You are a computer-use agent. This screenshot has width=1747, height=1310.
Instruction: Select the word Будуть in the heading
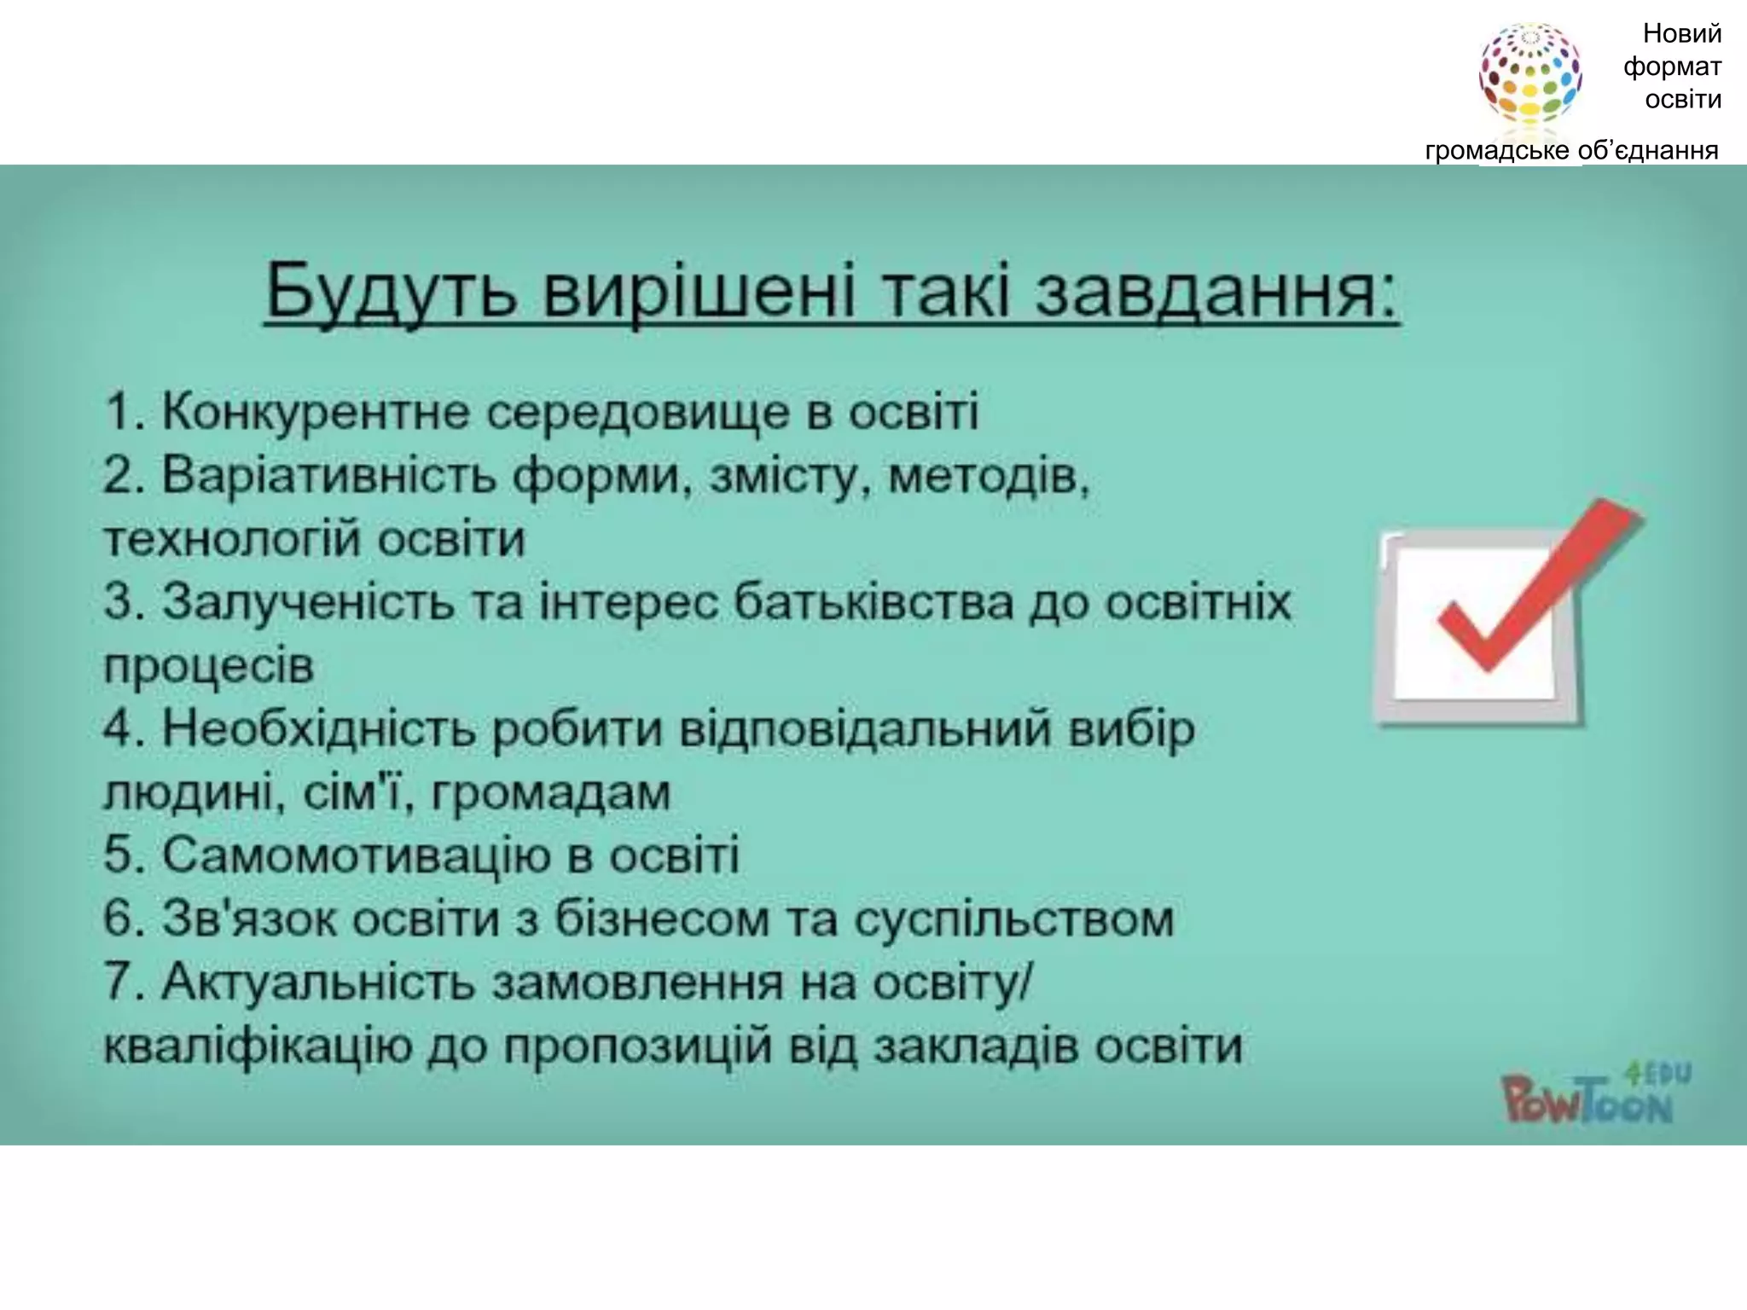[391, 293]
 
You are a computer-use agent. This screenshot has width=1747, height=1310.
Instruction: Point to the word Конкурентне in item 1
[314, 413]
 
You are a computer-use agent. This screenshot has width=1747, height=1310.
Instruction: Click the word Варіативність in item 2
[328, 475]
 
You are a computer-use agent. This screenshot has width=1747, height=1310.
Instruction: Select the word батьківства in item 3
[873, 603]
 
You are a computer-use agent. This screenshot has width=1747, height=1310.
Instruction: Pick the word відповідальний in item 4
[865, 729]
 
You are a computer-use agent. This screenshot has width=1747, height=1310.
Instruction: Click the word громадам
[551, 793]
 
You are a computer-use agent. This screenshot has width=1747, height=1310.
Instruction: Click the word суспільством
[1014, 919]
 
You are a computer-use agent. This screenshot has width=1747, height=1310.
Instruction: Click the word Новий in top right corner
[1682, 34]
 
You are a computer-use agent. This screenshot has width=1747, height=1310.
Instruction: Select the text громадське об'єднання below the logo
[1571, 151]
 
